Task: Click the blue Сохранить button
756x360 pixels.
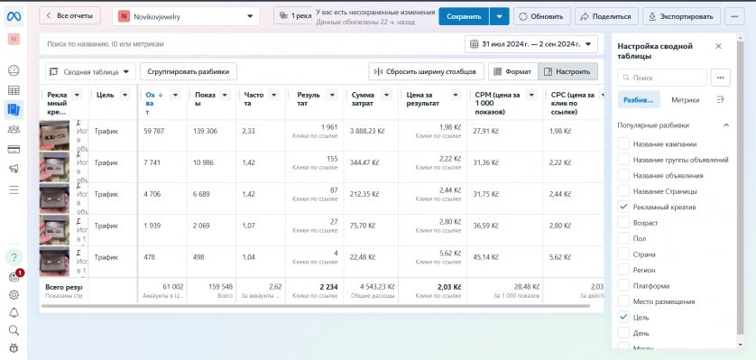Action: coord(464,16)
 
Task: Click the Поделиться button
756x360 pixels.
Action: coord(606,16)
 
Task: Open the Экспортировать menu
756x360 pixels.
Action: coord(682,16)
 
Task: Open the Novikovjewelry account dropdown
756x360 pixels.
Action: coord(186,16)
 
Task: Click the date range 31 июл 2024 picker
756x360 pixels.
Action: coord(530,43)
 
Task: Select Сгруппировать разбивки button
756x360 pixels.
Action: coord(189,71)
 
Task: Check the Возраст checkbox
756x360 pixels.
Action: coord(623,221)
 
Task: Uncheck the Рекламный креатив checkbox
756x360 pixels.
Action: coord(623,207)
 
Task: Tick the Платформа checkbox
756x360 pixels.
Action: coord(623,285)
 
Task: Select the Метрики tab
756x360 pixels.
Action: coord(686,99)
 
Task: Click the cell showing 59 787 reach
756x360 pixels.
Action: coord(154,131)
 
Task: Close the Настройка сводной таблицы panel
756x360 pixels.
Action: coord(718,46)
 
